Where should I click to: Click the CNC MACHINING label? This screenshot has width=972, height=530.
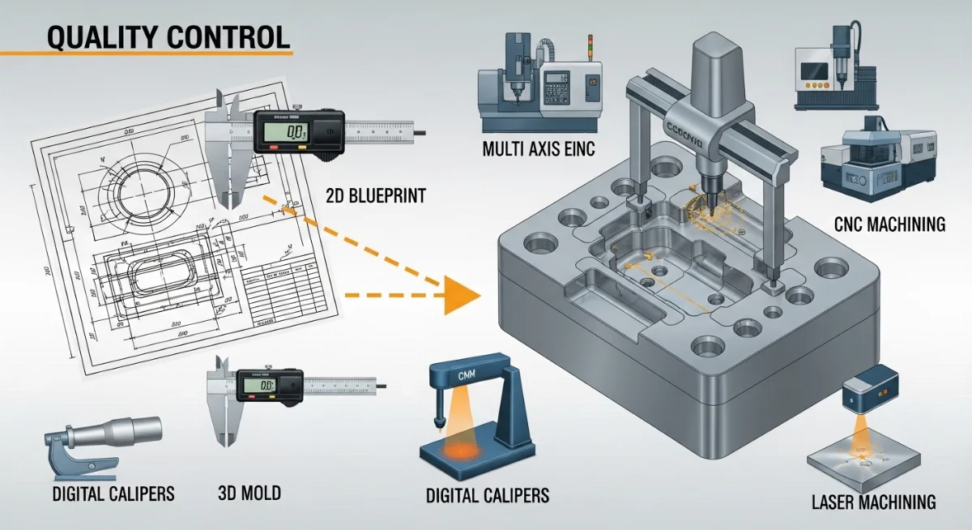[889, 224]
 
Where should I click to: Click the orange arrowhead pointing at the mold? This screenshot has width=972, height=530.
[458, 294]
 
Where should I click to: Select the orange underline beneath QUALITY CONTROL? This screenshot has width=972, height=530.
[146, 54]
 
